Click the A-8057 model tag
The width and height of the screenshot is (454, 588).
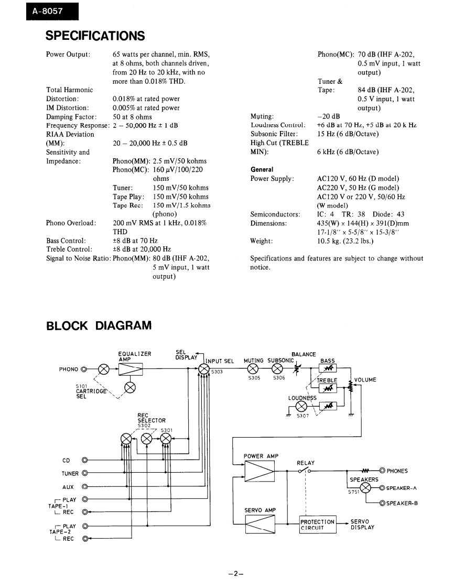click(46, 10)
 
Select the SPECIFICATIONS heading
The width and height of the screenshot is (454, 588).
click(95, 36)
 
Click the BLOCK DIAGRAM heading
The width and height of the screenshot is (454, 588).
click(99, 326)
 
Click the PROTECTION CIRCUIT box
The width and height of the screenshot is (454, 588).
click(317, 525)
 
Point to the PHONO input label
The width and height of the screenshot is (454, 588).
click(69, 369)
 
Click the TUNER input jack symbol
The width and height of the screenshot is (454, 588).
click(84, 473)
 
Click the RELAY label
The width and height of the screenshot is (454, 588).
click(306, 463)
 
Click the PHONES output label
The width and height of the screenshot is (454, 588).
click(397, 471)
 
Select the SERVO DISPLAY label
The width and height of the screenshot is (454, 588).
click(362, 525)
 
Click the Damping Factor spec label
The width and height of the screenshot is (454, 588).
click(71, 117)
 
